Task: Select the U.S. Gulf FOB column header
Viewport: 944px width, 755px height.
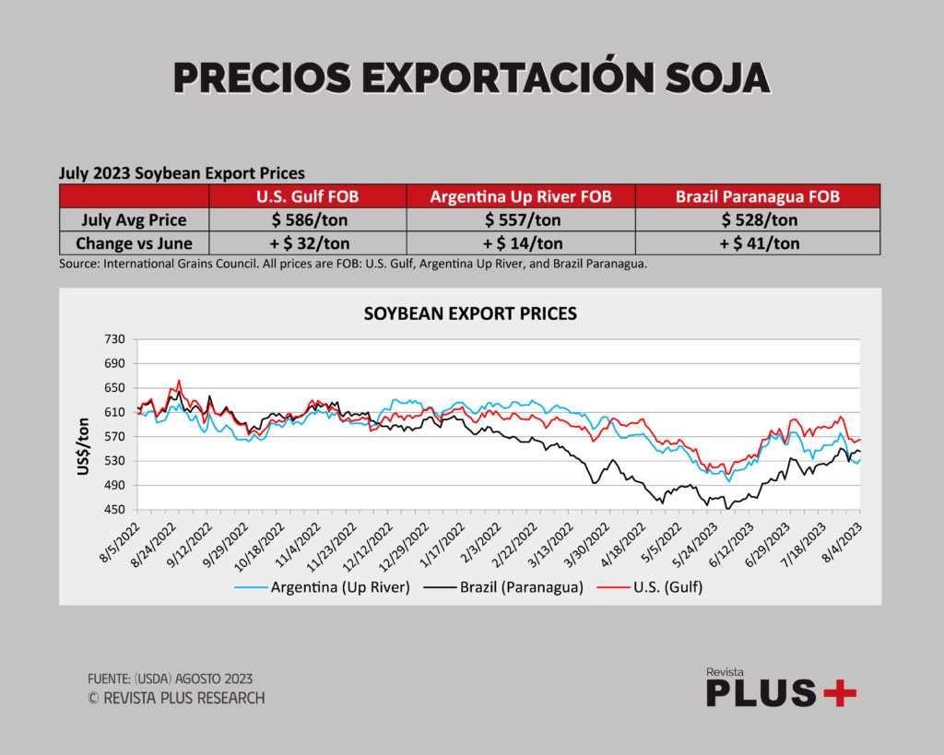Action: coord(307,196)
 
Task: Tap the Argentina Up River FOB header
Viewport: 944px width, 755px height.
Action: coord(520,196)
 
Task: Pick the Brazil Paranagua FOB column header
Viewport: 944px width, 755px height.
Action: coord(757,196)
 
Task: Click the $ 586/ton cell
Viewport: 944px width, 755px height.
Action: coord(307,220)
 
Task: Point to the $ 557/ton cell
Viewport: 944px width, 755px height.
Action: coord(520,220)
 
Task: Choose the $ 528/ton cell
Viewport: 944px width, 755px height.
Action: coord(757,220)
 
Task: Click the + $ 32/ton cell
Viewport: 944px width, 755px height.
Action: coord(307,243)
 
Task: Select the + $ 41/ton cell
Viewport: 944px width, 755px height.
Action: coord(757,243)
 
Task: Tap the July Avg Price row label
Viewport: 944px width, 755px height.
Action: coord(135,220)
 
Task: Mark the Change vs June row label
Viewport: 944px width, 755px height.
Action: coord(135,243)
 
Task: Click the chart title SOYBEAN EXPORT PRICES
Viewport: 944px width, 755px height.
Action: coord(470,313)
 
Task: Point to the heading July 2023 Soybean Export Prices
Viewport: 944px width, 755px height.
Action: coord(182,172)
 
